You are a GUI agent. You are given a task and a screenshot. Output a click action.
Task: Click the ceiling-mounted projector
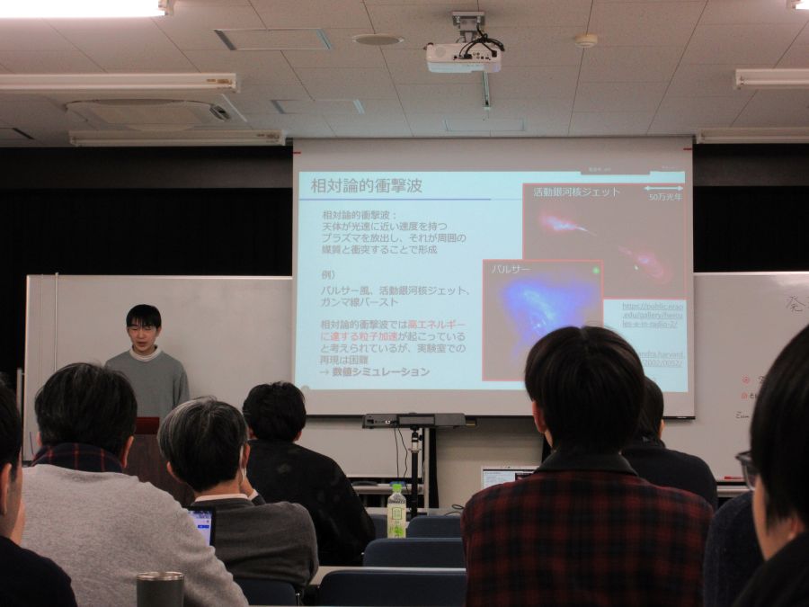tap(463, 57)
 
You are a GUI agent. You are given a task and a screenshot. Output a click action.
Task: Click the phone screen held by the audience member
tap(201, 524)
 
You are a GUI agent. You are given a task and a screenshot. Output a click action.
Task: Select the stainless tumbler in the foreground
tap(160, 589)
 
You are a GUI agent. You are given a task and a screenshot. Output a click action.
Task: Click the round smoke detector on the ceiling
tap(586, 40)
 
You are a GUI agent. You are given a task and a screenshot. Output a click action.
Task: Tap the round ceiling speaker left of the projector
tap(377, 40)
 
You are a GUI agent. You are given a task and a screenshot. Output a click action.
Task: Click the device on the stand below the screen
tap(414, 420)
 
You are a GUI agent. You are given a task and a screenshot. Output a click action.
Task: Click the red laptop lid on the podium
tap(147, 425)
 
